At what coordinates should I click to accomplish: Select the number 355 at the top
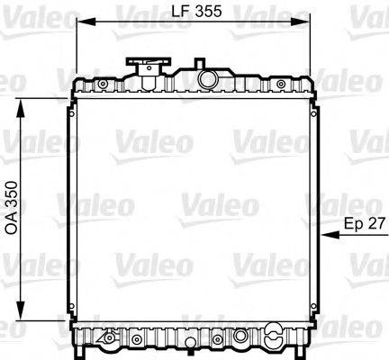pyautogui.click(x=207, y=13)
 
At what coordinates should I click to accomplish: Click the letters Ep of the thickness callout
pyautogui.click(x=355, y=221)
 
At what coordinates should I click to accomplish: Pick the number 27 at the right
pyautogui.click(x=376, y=221)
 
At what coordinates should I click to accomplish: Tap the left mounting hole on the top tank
pyautogui.click(x=102, y=85)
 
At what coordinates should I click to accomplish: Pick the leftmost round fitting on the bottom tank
pyautogui.click(x=109, y=339)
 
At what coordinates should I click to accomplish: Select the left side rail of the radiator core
pyautogui.click(x=69, y=207)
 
